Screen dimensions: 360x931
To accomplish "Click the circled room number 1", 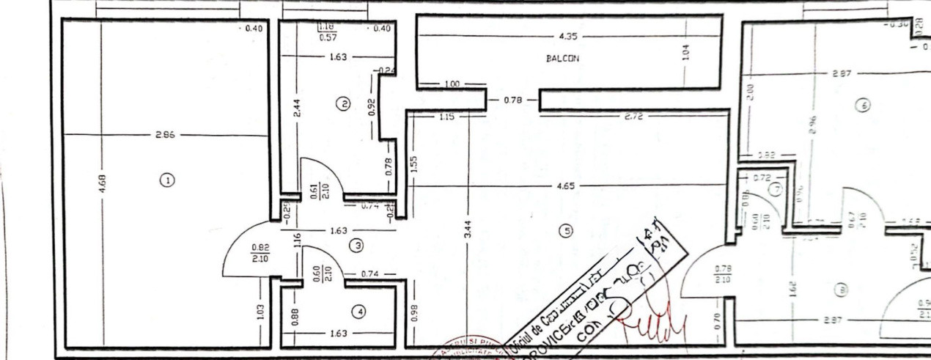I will point(167,180).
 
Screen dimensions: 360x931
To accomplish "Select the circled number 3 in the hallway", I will point(357,246).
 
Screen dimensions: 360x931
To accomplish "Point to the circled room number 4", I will point(358,312).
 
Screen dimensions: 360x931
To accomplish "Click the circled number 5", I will point(565,231).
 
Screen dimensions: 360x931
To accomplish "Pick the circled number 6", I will point(863,106).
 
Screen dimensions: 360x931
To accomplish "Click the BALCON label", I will point(562,59).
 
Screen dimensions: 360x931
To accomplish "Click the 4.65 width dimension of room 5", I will point(565,186).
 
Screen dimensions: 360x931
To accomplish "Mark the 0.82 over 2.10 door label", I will point(260,253).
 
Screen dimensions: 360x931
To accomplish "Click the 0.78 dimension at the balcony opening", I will point(512,99).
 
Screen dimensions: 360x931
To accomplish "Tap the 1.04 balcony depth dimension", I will point(685,52).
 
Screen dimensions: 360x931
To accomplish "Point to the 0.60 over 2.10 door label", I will point(317,273).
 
